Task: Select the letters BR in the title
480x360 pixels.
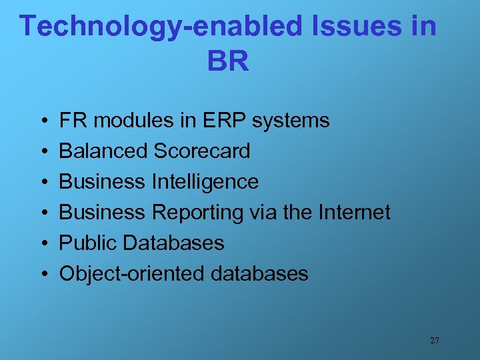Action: click(x=228, y=62)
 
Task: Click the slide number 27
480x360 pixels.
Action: click(x=434, y=341)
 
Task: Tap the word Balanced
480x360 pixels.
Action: click(x=103, y=151)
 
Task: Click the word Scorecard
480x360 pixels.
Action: click(x=201, y=151)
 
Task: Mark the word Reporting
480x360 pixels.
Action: click(x=198, y=213)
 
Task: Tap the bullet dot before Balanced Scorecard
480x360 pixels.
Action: click(x=42, y=152)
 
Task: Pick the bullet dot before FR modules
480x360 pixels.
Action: click(x=42, y=121)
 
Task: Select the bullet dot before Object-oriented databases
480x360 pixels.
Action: click(x=42, y=274)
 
